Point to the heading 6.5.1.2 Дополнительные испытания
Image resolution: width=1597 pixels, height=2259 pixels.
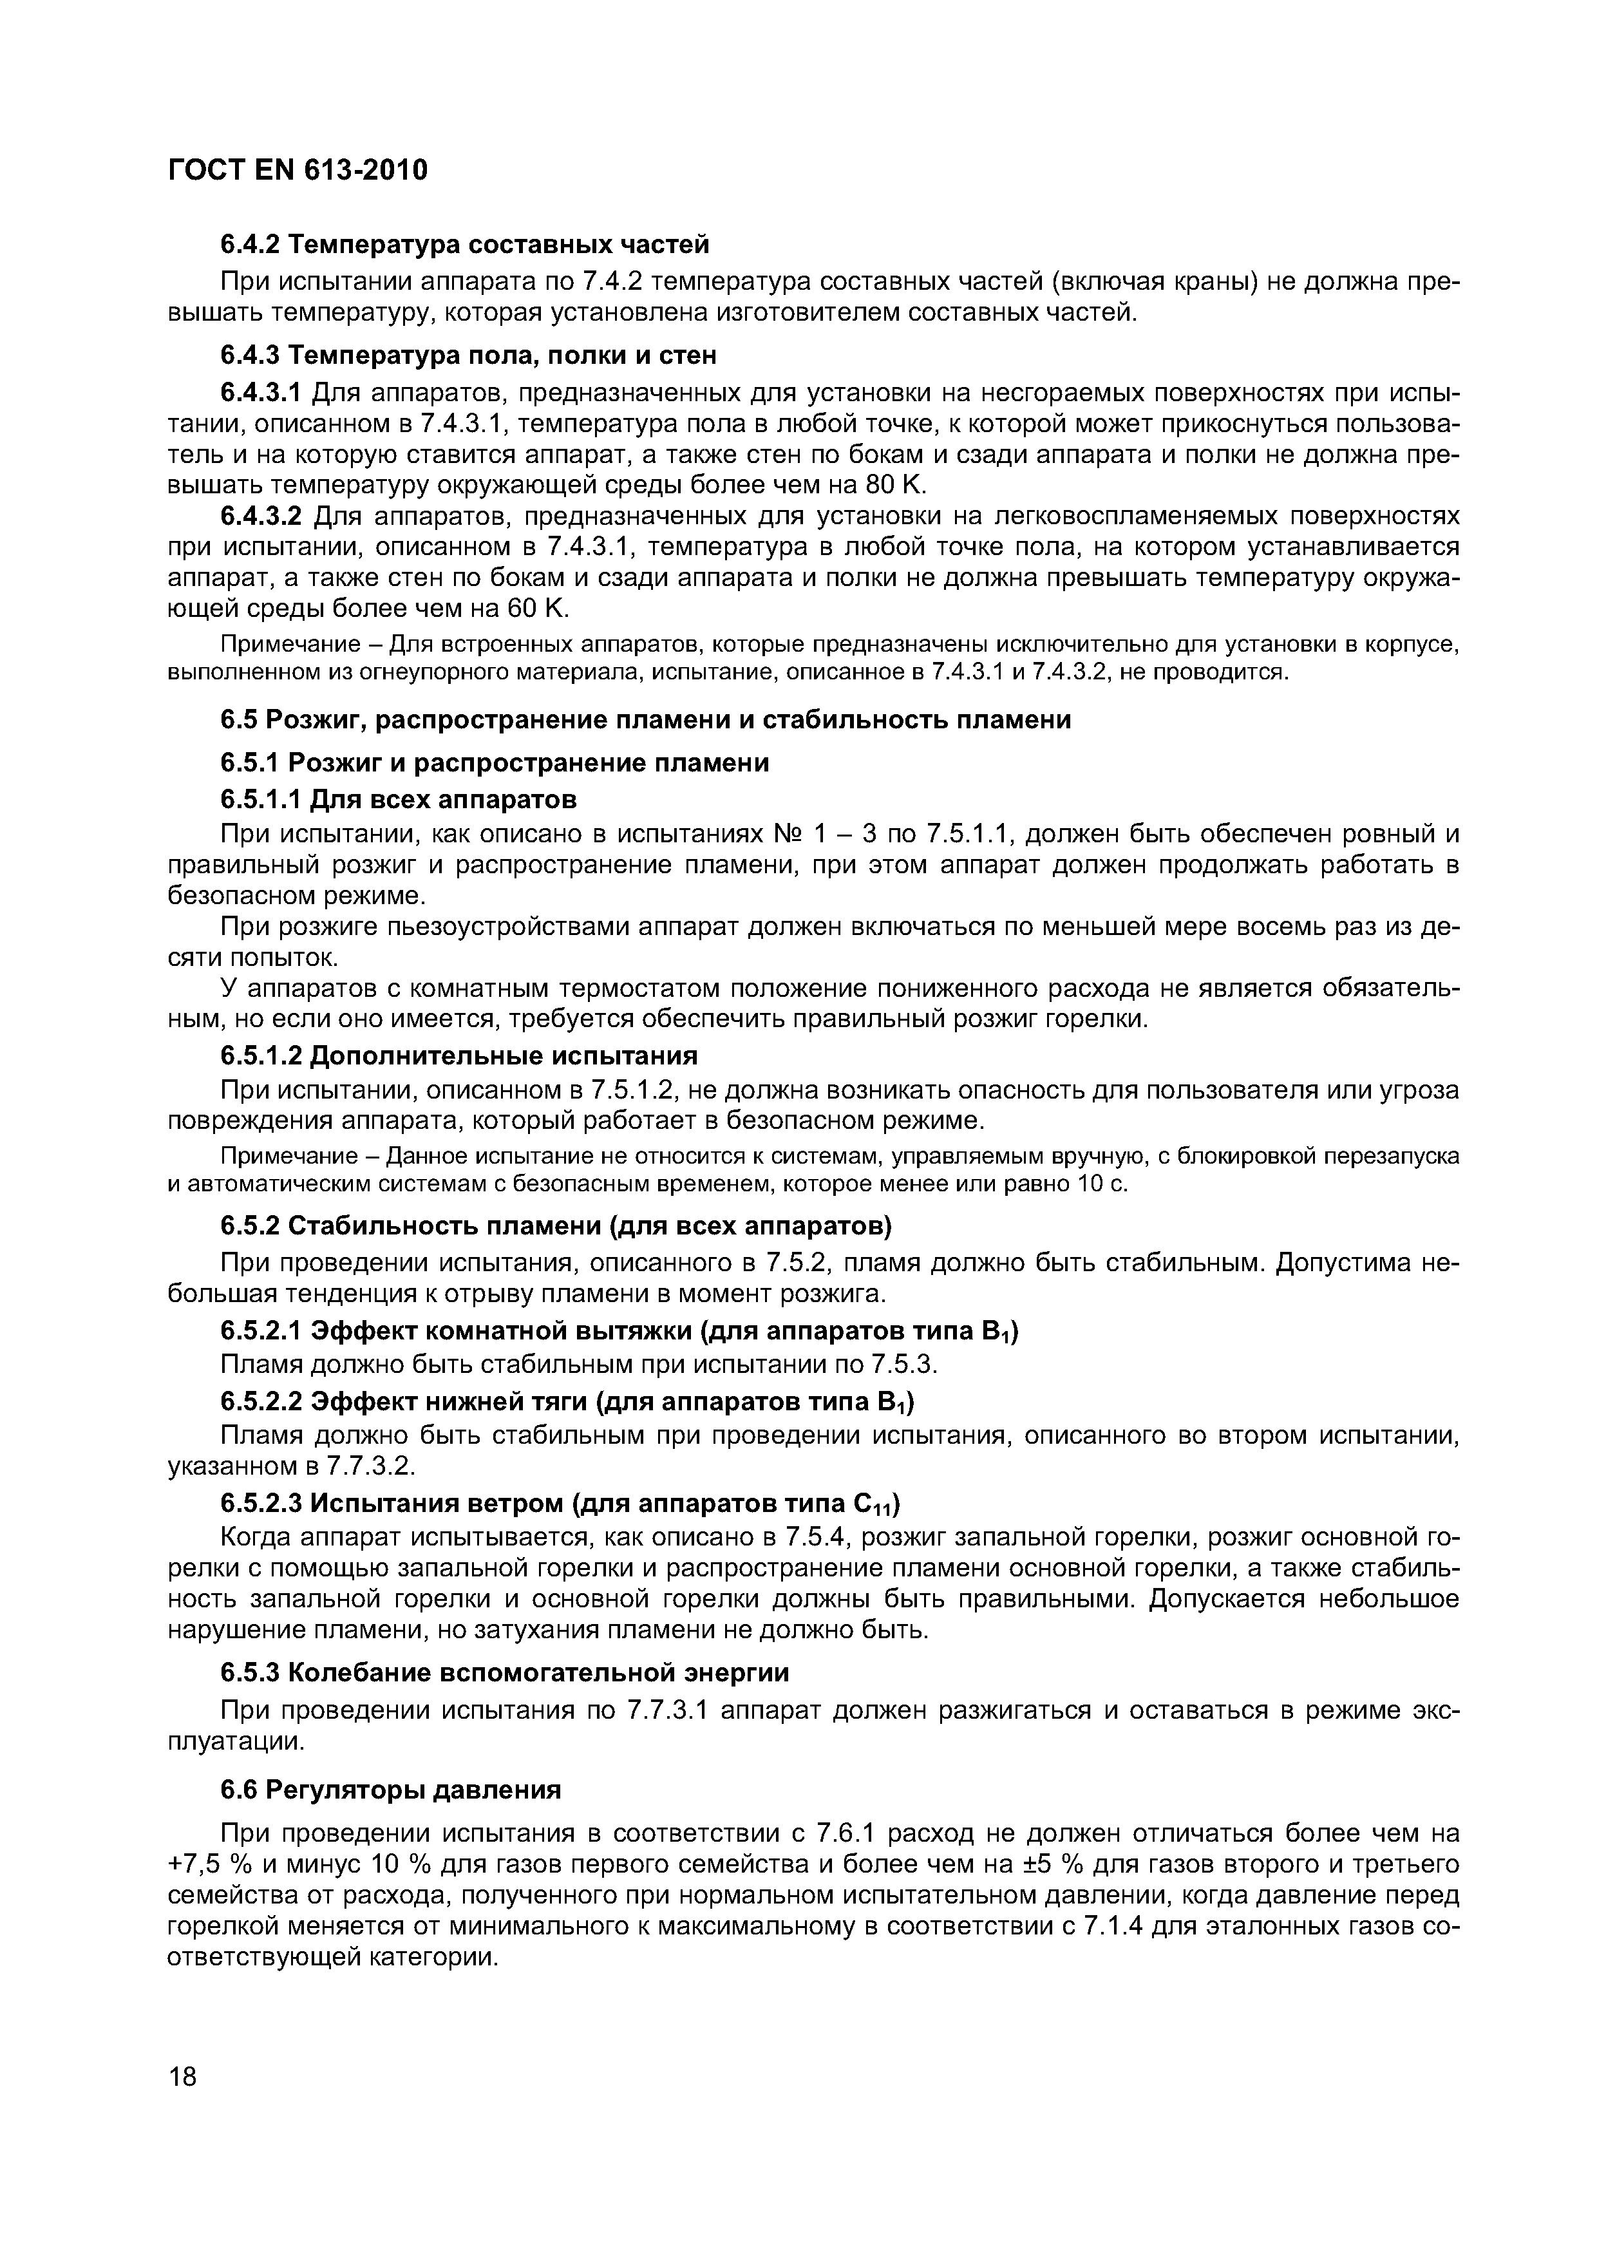[458, 1055]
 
